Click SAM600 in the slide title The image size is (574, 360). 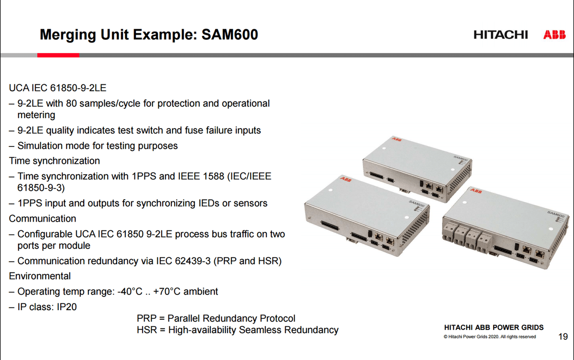[x=230, y=34]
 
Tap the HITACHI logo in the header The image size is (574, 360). [x=501, y=35]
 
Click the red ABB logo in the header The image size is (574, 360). [x=554, y=35]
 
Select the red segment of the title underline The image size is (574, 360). [x=58, y=55]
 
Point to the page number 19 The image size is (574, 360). [x=563, y=337]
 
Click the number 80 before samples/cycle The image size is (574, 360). [x=71, y=103]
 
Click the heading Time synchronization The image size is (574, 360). [x=55, y=161]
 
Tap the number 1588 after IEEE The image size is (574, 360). [x=213, y=177]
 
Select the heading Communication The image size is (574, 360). [x=43, y=218]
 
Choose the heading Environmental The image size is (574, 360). [x=40, y=276]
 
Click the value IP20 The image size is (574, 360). [x=66, y=307]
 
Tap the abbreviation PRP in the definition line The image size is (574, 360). [x=146, y=318]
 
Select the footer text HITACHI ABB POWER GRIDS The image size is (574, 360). [x=494, y=327]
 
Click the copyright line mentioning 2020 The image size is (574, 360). [x=490, y=337]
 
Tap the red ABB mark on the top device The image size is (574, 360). [x=397, y=139]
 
